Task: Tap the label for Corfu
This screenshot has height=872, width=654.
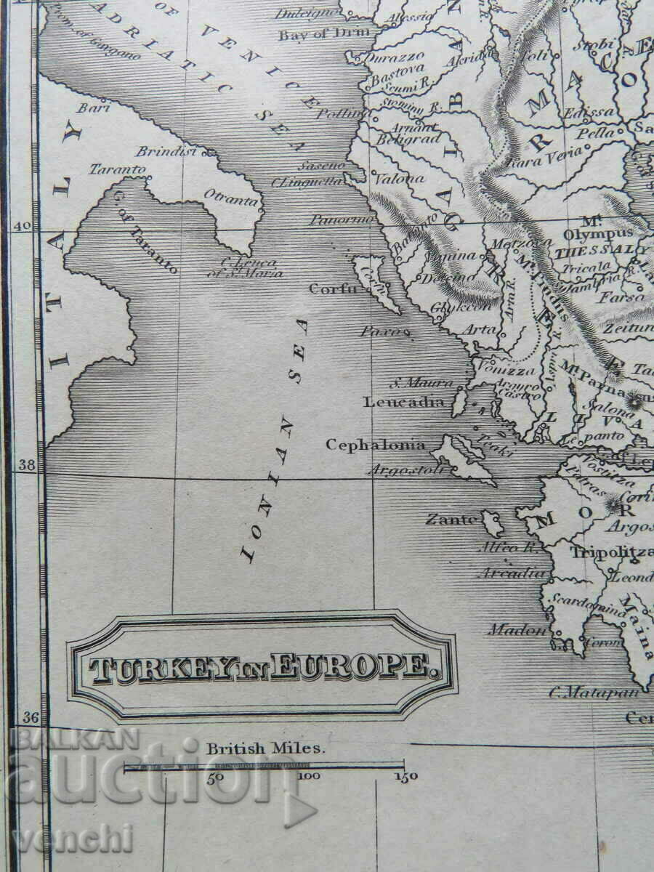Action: pos(333,288)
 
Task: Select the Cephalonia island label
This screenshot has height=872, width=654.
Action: pos(375,445)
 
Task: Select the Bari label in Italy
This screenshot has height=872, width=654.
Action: pos(88,109)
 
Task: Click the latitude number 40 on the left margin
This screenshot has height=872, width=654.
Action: pos(22,226)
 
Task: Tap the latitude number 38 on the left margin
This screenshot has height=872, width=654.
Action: pos(26,465)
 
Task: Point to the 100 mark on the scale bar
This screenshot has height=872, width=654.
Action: pos(310,777)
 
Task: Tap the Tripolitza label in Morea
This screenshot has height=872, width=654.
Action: pos(610,552)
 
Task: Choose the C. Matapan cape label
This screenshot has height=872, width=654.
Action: pos(594,692)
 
